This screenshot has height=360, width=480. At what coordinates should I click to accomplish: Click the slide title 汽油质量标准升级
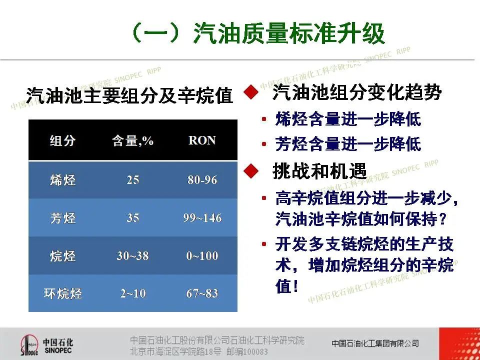[289, 33]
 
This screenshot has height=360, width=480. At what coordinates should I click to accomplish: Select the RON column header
[202, 140]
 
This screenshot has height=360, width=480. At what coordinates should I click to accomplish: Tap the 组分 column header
[63, 141]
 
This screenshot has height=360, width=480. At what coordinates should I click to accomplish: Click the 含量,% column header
[132, 141]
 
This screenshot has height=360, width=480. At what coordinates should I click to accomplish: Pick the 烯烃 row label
[63, 179]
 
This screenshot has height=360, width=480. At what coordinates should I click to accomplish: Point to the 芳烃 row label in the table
[63, 218]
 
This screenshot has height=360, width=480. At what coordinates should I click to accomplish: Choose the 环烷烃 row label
[63, 293]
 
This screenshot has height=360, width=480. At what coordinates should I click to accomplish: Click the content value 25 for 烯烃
[133, 179]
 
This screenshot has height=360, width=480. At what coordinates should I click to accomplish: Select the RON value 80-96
[202, 179]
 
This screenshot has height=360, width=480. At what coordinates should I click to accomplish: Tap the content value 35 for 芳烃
[133, 218]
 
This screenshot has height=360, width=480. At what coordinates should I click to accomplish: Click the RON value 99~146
[202, 218]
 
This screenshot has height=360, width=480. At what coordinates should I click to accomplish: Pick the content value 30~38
[132, 255]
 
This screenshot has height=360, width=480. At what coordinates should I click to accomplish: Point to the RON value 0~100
[202, 255]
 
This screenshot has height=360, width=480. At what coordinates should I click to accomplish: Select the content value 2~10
[133, 293]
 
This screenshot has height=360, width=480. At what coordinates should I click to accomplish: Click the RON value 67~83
[202, 293]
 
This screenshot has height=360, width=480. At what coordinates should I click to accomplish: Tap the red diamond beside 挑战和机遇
[251, 170]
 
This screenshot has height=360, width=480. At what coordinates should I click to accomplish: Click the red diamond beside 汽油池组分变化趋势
[251, 92]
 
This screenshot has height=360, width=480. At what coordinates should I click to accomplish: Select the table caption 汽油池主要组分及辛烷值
[129, 96]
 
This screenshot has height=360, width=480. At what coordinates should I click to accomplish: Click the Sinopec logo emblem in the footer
[29, 345]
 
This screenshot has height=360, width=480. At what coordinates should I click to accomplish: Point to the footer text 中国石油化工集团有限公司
[375, 343]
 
